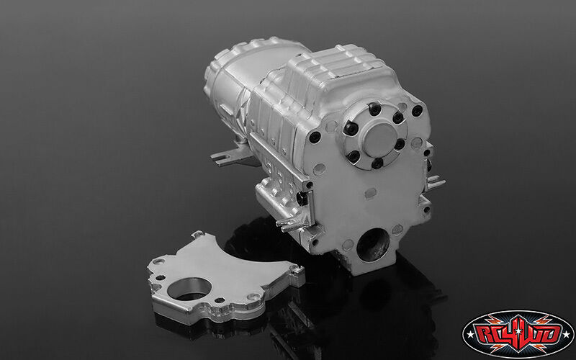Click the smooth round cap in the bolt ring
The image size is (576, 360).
(x=380, y=139)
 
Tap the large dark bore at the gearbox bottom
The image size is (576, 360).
(x=373, y=245)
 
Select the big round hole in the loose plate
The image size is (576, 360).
(x=189, y=289)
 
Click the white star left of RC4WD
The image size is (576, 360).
(x=471, y=334)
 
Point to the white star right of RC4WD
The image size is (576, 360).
(x=568, y=334)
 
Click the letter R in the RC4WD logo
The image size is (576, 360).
(x=485, y=334)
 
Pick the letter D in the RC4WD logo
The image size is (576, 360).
(x=552, y=334)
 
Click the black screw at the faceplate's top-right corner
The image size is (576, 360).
(x=417, y=111)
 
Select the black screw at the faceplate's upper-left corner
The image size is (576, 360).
(x=315, y=137)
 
